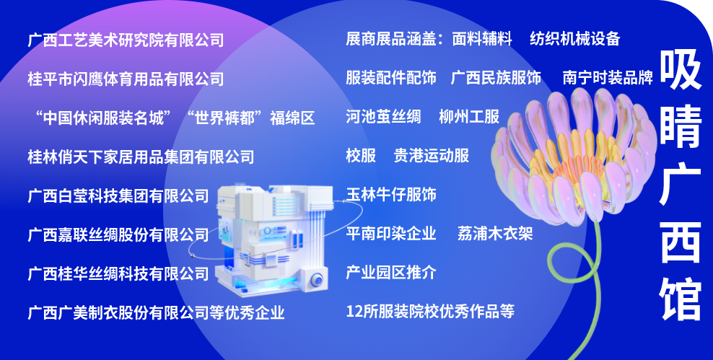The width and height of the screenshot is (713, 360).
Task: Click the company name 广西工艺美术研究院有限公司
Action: coord(126,40)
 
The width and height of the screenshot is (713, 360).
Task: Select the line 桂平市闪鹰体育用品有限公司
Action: coord(126,79)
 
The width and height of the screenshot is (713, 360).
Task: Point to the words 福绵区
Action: coord(292,118)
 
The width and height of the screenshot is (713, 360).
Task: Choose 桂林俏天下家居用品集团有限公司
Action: coord(141,157)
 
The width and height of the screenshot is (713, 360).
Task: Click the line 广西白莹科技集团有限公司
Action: coord(118,196)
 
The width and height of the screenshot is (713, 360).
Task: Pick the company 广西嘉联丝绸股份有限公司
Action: coord(118,235)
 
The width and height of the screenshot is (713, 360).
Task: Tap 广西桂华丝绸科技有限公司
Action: coord(118,274)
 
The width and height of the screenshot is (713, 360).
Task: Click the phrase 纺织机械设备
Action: coord(575,39)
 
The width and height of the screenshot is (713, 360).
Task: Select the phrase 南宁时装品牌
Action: coord(608,78)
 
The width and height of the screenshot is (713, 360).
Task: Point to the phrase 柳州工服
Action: coord(469,117)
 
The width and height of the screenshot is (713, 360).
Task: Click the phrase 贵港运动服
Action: coord(432,156)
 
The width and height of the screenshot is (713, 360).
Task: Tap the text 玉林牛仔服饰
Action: coord(391,195)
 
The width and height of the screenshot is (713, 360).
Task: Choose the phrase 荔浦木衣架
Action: coord(495,234)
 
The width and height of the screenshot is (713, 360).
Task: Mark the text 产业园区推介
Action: coord(391,272)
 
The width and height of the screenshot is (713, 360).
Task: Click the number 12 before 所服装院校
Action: coord(354,312)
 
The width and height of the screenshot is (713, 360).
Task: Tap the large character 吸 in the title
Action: coord(681,69)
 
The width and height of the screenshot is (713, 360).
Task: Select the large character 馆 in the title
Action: coord(681,299)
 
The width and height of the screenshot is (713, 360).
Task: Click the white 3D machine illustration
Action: coord(272,240)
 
